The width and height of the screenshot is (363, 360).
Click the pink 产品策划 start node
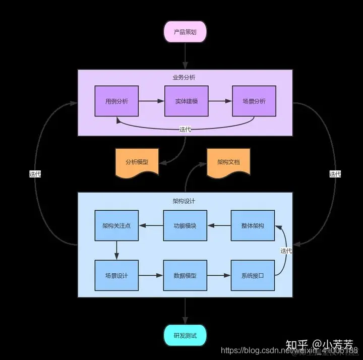(185, 31)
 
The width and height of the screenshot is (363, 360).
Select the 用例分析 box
(116, 101)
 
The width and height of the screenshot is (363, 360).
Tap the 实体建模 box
(186, 101)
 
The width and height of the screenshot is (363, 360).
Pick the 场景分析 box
(254, 101)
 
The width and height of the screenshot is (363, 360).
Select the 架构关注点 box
(116, 225)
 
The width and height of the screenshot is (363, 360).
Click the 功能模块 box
(185, 225)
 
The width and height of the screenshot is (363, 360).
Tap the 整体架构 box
(253, 225)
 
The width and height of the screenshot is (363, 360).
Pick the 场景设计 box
(116, 276)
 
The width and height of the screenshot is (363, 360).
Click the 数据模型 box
(185, 276)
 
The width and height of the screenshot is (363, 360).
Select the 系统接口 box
(253, 276)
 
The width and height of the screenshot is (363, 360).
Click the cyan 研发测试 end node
(185, 335)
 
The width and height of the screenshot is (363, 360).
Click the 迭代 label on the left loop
(35, 174)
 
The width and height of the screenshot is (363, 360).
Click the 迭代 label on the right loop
(335, 174)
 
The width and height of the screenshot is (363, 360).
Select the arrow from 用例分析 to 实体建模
(151, 101)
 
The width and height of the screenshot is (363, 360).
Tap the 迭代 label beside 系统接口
(286, 251)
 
